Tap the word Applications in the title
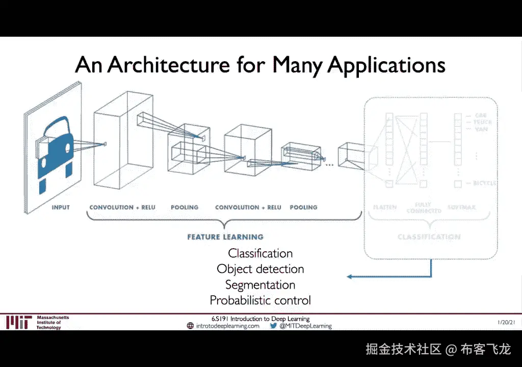pos(386,66)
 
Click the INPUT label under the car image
pos(61,207)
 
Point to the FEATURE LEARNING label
pos(225,237)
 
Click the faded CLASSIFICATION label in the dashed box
pos(429,237)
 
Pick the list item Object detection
pos(260,269)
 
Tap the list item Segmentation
pos(260,285)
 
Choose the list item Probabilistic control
pos(260,301)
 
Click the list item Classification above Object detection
pos(260,253)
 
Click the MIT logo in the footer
pos(19,323)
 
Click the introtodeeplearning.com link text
pos(228,326)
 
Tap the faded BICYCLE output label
pos(484,183)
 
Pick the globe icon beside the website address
pos(190,326)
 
